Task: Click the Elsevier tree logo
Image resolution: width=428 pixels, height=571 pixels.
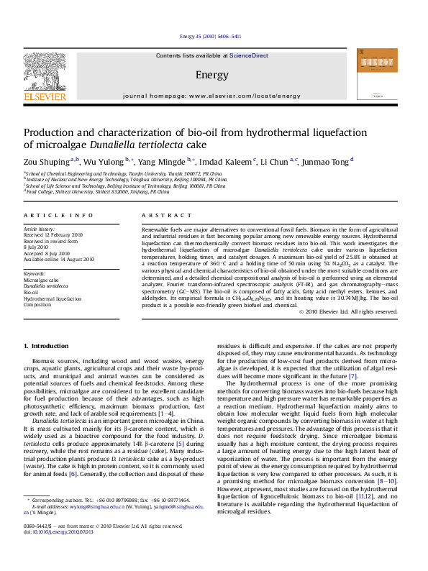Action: click(45, 71)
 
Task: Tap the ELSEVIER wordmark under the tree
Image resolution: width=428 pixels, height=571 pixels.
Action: click(45, 96)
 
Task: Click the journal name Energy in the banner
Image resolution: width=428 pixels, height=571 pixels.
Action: click(211, 74)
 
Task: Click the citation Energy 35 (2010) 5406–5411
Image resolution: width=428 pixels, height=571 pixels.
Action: click(210, 36)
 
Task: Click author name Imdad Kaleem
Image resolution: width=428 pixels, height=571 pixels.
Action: click(226, 162)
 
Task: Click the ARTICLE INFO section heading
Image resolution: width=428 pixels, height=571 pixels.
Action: click(58, 215)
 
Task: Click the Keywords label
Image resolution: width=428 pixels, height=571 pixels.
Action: click(35, 274)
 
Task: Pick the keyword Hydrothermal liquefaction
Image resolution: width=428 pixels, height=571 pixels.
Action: click(53, 298)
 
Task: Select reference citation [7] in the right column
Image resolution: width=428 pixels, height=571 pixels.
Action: click(352, 376)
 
